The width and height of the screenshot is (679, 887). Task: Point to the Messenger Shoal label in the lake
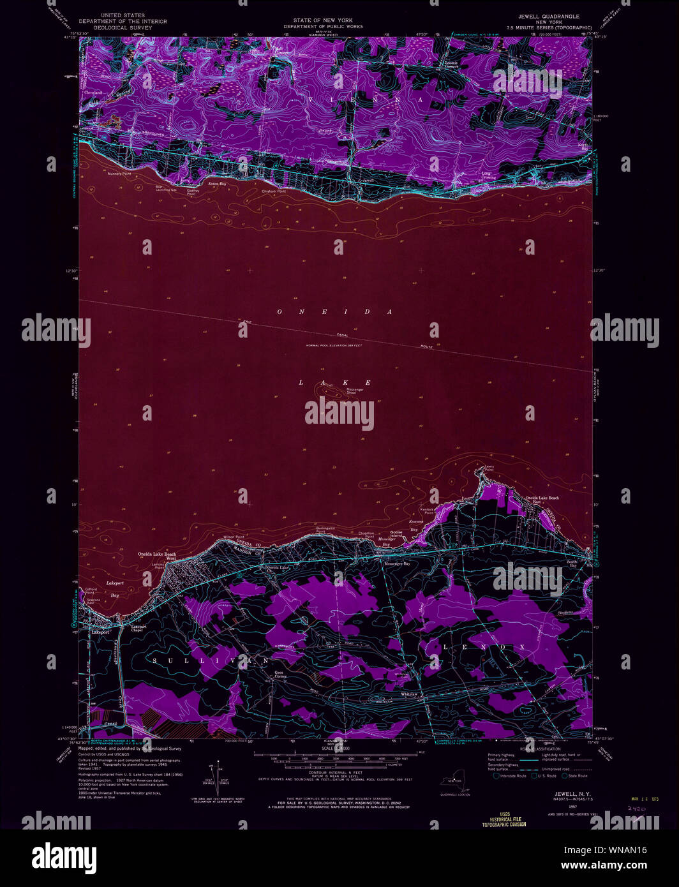pos(355,391)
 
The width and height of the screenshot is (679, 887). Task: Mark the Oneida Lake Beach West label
pos(157,556)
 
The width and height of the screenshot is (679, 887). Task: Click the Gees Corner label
pos(280,675)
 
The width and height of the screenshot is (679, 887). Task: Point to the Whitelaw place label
pos(409,694)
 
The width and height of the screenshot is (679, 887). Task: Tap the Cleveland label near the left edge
pos(93,93)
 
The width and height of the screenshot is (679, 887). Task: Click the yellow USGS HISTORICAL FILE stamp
pos(504,819)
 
